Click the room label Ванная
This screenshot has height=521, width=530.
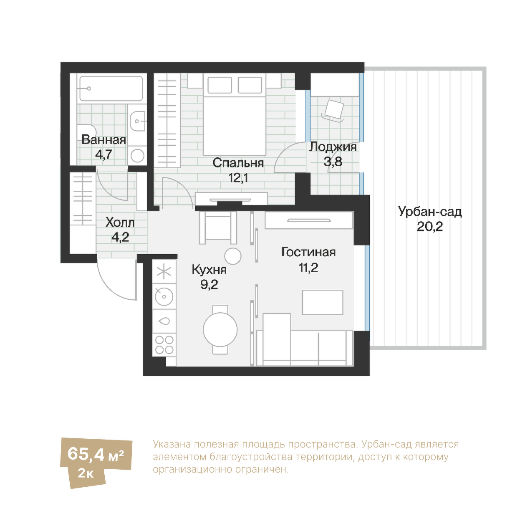103,140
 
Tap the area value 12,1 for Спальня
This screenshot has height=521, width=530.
238,178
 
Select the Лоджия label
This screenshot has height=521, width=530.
333,147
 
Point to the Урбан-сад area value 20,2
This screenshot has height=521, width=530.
430,227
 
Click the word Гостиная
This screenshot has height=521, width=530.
308,252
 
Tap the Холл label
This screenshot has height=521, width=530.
120,223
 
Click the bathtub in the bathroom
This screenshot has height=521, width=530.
111,89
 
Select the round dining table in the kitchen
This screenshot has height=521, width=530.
220,329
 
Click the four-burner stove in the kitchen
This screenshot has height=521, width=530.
164,345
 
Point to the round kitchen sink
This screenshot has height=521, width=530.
164,296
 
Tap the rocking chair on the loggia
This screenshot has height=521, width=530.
333,111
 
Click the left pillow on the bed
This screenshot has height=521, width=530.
220,85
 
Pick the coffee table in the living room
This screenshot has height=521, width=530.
323,302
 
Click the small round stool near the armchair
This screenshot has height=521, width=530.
233,256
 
